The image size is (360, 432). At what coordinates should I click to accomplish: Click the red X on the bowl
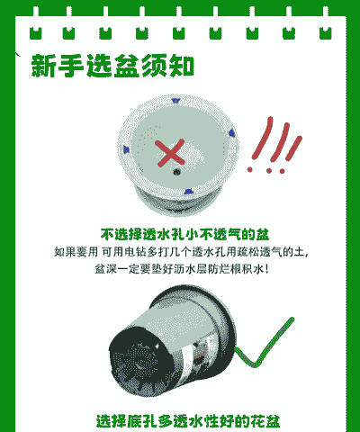(170, 153)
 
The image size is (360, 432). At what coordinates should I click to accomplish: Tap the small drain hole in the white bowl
(176, 172)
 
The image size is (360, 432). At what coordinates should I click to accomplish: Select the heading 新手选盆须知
(112, 66)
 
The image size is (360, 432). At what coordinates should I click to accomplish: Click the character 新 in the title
(43, 66)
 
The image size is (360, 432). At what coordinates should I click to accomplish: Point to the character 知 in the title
(182, 66)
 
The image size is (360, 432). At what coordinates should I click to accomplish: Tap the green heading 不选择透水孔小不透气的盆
(184, 234)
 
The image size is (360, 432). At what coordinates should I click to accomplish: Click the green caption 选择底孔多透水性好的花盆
(188, 421)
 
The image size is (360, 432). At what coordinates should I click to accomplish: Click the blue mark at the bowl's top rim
(175, 101)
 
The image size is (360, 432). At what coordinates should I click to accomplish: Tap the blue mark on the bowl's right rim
(231, 133)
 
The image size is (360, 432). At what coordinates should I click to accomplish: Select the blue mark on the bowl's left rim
(126, 149)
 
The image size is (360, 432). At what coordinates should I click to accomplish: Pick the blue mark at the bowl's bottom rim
(188, 192)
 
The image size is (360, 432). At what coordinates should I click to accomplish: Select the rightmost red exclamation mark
(290, 155)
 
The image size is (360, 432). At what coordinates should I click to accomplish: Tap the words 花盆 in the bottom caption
(265, 421)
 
